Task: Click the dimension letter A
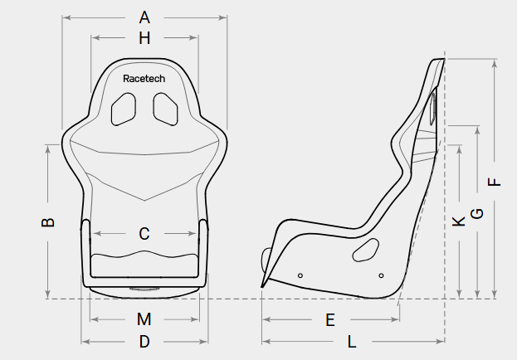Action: tap(144, 17)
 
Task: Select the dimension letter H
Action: tap(144, 38)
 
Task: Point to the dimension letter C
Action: tap(144, 234)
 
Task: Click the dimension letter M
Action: tap(144, 319)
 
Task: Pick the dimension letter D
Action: tap(144, 342)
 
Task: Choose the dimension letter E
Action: tap(330, 320)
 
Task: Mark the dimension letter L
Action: tap(352, 342)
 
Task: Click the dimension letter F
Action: tap(494, 182)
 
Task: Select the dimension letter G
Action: tap(477, 214)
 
